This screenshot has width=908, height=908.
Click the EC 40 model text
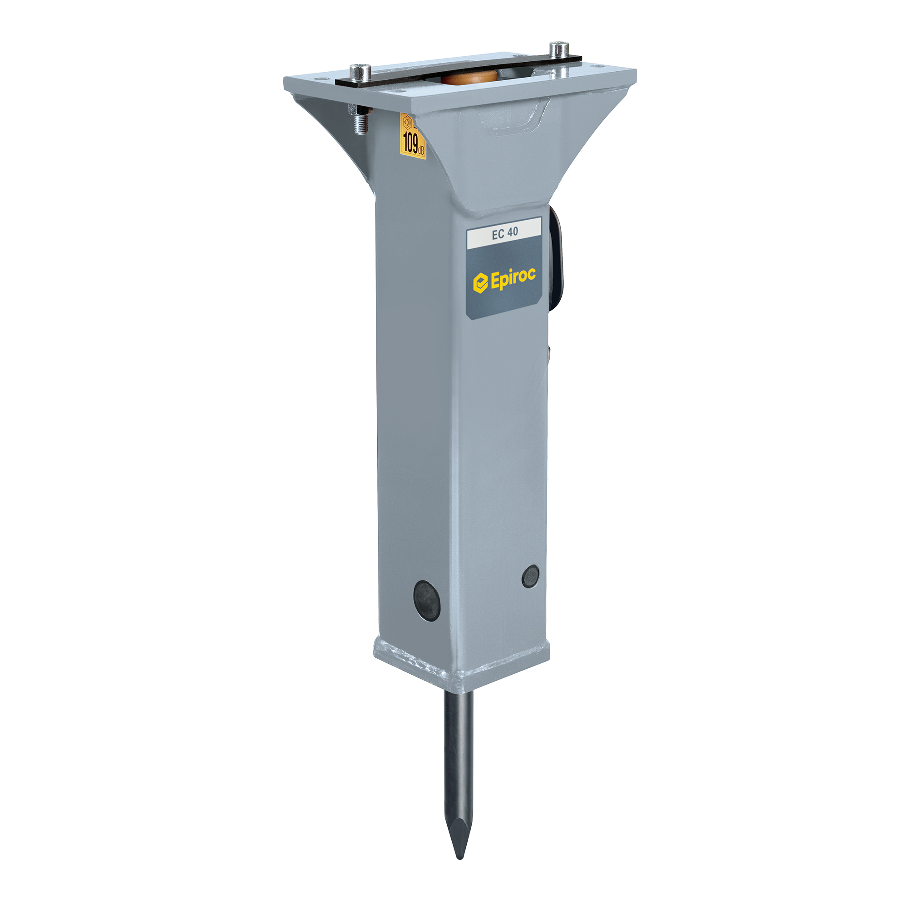(x=505, y=232)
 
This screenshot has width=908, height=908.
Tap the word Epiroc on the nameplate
(x=513, y=278)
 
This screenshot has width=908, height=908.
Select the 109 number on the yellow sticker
(x=410, y=143)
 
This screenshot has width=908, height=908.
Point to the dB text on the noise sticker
(x=421, y=150)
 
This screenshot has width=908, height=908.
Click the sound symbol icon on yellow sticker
(x=407, y=122)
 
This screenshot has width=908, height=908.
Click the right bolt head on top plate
(x=559, y=48)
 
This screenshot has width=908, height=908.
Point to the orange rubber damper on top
(x=469, y=78)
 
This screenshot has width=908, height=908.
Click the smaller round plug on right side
(x=531, y=576)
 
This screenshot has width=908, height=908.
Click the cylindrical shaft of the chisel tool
(x=458, y=752)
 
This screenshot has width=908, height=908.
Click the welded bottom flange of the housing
(x=460, y=667)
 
